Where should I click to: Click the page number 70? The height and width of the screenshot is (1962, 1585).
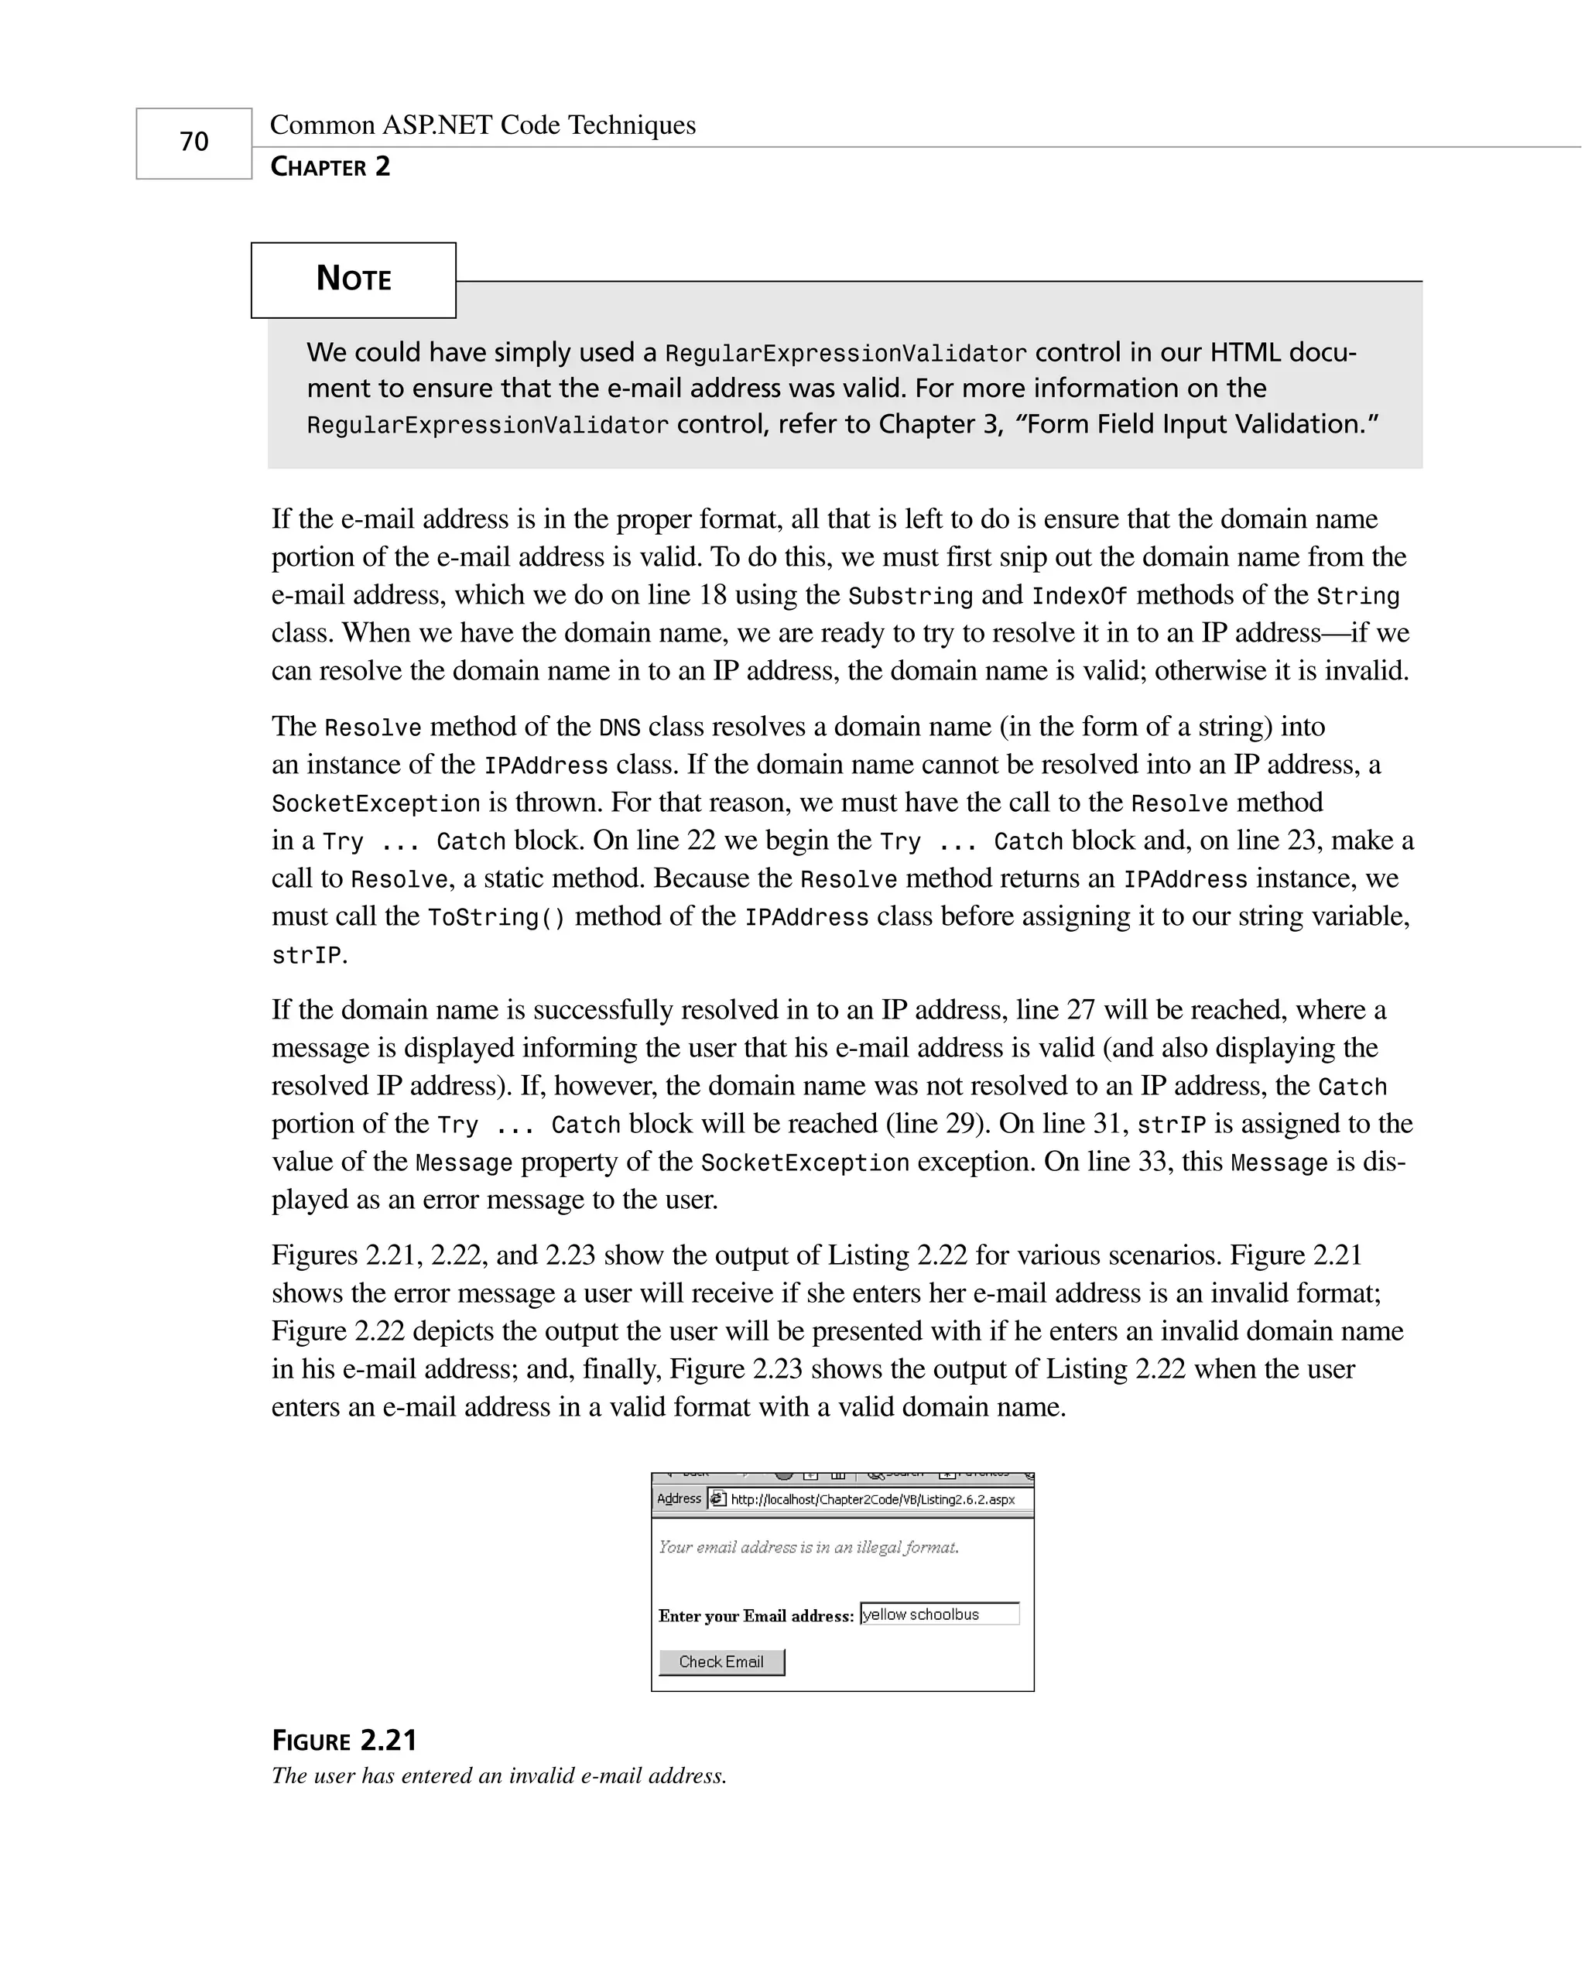point(193,142)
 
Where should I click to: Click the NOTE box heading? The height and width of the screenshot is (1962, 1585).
point(354,279)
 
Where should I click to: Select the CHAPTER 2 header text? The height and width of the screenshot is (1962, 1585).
point(330,167)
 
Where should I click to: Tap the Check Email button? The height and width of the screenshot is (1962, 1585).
point(721,1662)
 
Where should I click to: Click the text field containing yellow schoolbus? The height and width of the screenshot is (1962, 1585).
point(939,1614)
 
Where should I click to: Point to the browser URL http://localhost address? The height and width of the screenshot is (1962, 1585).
point(872,1499)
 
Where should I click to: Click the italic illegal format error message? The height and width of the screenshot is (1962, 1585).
point(808,1546)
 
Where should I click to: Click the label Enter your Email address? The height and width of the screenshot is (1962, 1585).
point(755,1616)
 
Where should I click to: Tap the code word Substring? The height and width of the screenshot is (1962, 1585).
point(909,596)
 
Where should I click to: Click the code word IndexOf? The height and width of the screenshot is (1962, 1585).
point(1079,596)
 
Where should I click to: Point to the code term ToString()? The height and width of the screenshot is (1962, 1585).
point(496,918)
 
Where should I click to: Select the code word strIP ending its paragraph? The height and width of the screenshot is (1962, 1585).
point(306,956)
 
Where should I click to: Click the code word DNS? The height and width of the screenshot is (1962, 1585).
point(619,728)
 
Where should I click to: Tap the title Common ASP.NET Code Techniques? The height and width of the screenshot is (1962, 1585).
point(482,125)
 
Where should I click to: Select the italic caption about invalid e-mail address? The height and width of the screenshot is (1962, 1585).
point(498,1775)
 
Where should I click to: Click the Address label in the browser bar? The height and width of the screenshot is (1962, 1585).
point(679,1499)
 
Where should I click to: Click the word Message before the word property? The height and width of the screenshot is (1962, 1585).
point(464,1163)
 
